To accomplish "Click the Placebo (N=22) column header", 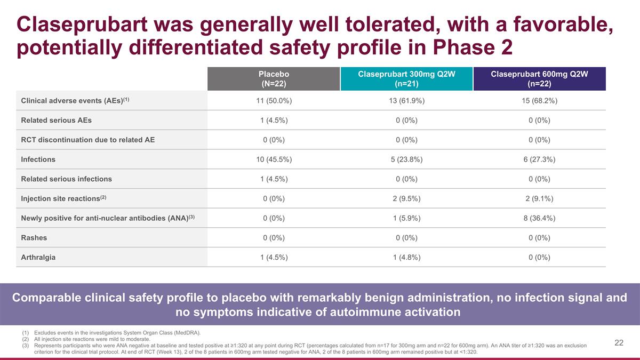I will (274, 79).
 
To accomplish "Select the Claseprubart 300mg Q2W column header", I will (406, 79).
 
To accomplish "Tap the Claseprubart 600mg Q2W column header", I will (540, 79).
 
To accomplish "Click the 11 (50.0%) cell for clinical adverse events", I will (274, 101).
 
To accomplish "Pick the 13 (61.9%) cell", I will (406, 101).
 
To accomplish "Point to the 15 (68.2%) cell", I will (540, 101).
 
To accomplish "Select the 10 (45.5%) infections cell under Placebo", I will (274, 159).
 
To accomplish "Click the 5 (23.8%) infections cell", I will (406, 159).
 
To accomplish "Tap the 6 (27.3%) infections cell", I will (540, 159).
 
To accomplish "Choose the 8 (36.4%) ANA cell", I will (540, 218).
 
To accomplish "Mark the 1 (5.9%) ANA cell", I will (406, 218).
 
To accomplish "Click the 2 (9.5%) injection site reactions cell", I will (406, 198).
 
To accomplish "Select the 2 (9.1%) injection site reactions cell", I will (540, 198).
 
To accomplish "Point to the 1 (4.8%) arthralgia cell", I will (406, 257).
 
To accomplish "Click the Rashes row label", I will (34, 237).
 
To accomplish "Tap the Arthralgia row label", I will (38, 257).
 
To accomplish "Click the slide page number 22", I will (619, 343).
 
